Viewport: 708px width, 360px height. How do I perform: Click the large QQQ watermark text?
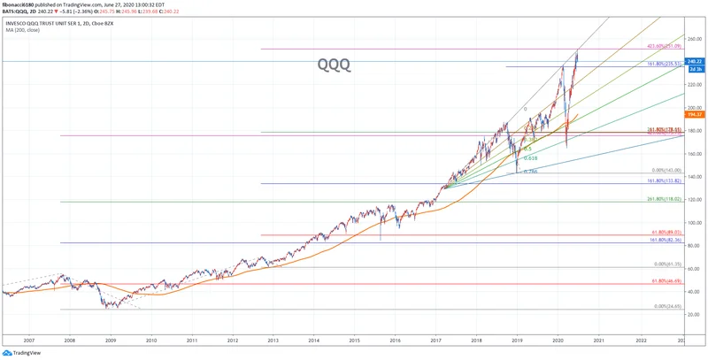[335, 64]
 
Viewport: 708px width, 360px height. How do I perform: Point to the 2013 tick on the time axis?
[273, 339]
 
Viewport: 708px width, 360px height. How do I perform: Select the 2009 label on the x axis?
[111, 339]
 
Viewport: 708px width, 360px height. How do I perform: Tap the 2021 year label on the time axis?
[598, 339]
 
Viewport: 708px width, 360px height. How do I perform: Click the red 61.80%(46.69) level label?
[665, 280]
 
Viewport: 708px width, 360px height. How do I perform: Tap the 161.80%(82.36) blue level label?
[665, 240]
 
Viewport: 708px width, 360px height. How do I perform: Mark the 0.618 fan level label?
[529, 158]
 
